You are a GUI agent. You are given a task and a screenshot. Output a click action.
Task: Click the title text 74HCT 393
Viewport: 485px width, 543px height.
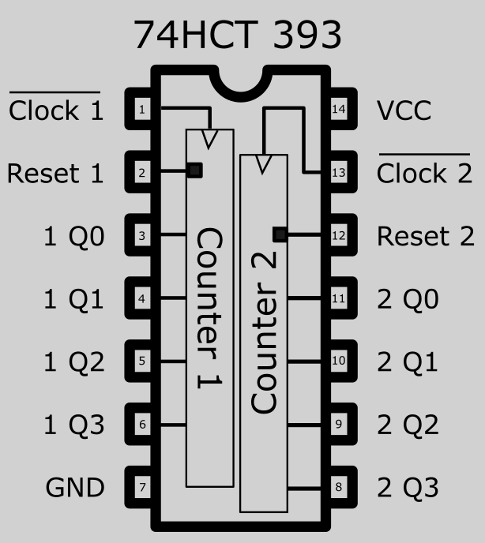[x=237, y=35]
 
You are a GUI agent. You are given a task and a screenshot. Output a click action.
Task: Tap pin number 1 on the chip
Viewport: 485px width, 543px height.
[x=141, y=109]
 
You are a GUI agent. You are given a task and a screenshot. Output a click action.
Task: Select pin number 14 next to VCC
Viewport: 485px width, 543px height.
[x=339, y=109]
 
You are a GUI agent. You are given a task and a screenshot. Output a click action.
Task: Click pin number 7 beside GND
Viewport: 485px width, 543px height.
[x=141, y=487]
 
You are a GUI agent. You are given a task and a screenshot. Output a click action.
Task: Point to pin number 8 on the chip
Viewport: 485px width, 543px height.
[x=339, y=487]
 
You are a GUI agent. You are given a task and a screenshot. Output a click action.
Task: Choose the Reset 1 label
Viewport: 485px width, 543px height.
[x=55, y=173]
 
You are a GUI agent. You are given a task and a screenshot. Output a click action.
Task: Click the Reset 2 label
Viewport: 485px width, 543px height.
[x=425, y=236]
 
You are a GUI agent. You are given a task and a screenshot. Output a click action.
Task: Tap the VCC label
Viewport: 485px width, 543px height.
[x=404, y=110]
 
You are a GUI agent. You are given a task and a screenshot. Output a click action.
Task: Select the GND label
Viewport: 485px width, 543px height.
[x=75, y=488]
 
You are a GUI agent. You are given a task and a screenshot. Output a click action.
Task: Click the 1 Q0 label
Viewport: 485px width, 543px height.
[x=74, y=236]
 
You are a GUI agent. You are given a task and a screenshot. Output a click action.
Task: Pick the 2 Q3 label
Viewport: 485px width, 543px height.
[x=408, y=488]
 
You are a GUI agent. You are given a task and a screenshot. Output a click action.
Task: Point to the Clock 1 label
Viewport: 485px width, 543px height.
[x=56, y=110]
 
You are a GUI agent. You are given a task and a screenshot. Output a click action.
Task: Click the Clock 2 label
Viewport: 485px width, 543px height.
[x=424, y=173]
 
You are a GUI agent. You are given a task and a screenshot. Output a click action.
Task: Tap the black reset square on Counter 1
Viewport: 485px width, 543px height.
[x=195, y=170]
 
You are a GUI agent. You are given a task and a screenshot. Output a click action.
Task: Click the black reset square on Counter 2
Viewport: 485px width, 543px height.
[x=279, y=234]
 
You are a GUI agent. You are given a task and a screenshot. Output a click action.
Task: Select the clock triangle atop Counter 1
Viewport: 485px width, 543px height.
[x=209, y=139]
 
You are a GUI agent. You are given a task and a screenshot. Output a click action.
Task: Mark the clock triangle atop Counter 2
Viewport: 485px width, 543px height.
[x=264, y=164]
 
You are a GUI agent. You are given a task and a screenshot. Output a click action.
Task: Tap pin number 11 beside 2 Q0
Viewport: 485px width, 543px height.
[x=339, y=298]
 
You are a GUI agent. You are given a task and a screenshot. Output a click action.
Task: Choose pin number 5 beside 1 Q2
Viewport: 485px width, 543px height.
[x=141, y=361]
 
